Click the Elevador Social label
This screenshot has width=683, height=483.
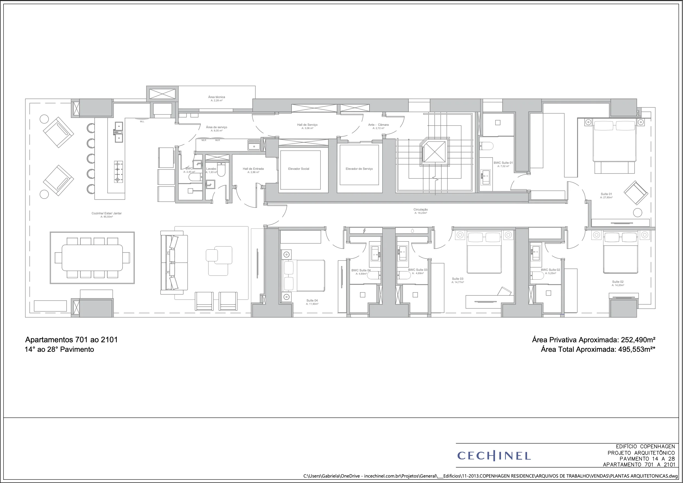tap(298, 169)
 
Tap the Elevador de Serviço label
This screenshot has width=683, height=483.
tap(359, 169)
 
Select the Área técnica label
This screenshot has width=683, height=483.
tap(217, 97)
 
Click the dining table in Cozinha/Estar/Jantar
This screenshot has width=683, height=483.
tap(92, 258)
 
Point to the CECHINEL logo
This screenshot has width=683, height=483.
tap(494, 456)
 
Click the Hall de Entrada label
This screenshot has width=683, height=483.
tap(253, 169)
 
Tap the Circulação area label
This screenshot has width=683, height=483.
tap(420, 210)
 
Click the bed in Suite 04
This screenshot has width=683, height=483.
tap(303, 275)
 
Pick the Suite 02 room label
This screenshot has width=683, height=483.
tap(618, 282)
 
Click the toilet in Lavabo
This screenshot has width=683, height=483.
tap(221, 170)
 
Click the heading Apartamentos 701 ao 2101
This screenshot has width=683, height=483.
tap(71, 340)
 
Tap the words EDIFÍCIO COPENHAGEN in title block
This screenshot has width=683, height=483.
tap(645, 446)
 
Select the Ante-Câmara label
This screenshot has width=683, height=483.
tap(378, 125)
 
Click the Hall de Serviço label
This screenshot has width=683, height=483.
tap(307, 125)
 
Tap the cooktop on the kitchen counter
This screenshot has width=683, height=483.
tap(118, 172)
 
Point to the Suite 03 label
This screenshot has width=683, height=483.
tap(458, 279)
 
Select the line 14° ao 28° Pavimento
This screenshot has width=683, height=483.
tap(59, 349)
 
